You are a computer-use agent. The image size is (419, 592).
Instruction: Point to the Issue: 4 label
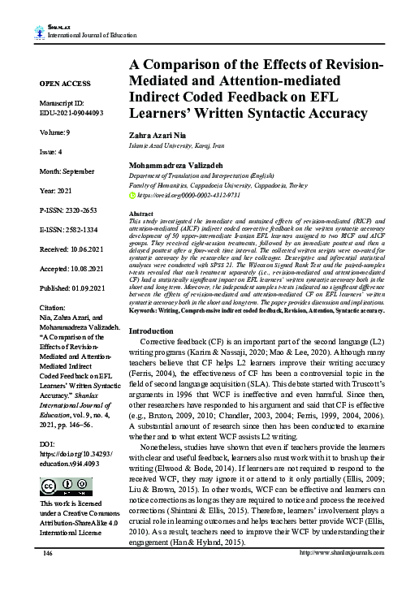(x=53, y=174)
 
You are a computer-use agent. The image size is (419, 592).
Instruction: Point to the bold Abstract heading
(x=141, y=212)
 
